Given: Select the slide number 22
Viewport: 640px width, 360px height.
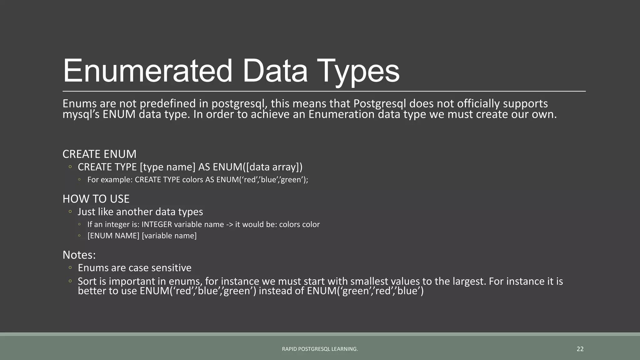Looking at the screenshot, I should [580, 349].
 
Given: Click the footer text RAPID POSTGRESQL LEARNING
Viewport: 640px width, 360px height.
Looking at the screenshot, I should [320, 349].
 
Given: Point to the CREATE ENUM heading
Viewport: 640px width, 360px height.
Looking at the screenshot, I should [99, 154].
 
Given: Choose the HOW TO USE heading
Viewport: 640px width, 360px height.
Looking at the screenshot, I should [96, 199].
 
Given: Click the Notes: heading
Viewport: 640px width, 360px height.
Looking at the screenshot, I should [79, 255].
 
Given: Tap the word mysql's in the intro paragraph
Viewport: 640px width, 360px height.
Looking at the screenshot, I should [81, 114].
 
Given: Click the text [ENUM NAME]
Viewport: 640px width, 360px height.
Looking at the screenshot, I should [113, 236].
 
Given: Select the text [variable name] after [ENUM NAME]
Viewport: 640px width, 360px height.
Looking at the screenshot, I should [169, 236].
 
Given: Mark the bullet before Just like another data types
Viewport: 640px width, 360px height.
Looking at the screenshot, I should [70, 212].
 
